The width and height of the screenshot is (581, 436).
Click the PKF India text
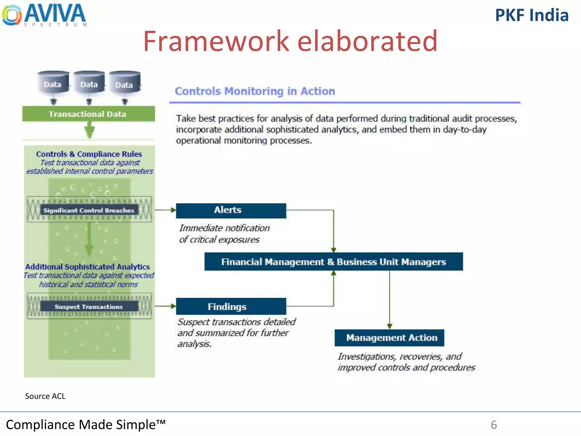point(532,15)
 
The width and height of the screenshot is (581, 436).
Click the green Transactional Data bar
point(88,114)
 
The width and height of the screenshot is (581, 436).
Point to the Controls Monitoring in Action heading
point(255,91)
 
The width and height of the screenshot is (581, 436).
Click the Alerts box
point(231,210)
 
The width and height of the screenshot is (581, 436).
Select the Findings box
point(231,306)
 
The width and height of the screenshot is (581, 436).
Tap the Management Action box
point(389,338)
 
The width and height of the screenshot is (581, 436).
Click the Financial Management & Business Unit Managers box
point(333,262)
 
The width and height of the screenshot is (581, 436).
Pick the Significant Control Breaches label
point(89,210)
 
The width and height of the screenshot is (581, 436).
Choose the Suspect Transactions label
point(89,307)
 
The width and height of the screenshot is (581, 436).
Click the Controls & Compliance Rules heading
point(89,154)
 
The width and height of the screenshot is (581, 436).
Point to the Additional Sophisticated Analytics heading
point(88,267)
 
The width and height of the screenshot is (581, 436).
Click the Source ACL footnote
point(45,396)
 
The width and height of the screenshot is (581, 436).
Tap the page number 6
point(494,425)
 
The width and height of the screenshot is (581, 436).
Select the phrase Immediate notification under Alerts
point(224,228)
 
